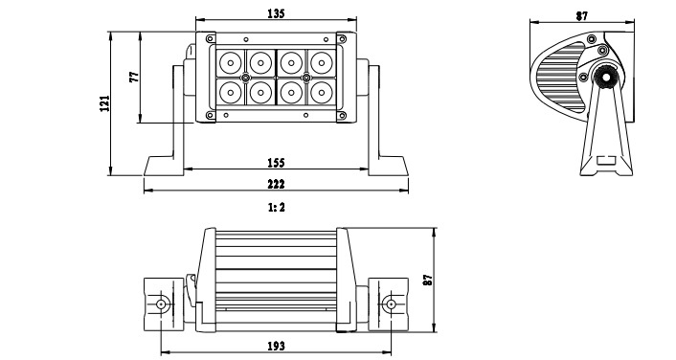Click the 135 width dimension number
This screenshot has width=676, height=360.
click(x=276, y=13)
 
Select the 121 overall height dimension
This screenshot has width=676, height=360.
click(x=104, y=103)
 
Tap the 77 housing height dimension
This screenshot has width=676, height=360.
click(x=134, y=78)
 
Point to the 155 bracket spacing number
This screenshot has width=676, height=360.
click(x=276, y=163)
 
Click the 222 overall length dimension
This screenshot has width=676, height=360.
click(x=276, y=184)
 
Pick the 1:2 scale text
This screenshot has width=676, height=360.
click(x=277, y=208)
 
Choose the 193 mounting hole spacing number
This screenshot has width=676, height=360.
click(x=276, y=346)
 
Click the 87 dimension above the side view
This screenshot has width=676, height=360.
click(x=582, y=16)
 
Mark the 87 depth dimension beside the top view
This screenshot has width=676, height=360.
click(x=427, y=280)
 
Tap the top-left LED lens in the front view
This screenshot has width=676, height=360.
click(x=231, y=63)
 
